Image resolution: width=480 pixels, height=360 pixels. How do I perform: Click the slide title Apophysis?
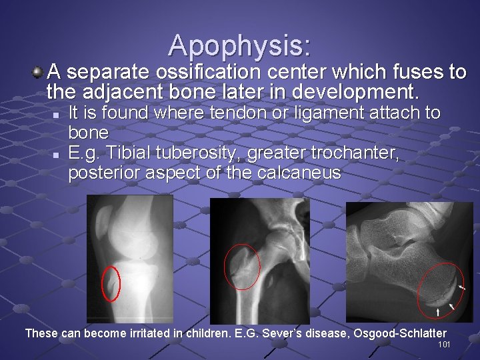pyautogui.click(x=239, y=45)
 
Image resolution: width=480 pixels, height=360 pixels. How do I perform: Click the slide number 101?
pyautogui.click(x=444, y=344)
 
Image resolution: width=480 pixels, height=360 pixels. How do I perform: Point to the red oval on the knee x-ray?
pyautogui.click(x=111, y=283)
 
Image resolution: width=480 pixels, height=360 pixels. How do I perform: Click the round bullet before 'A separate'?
pyautogui.click(x=39, y=69)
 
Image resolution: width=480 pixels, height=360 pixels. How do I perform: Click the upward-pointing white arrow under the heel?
pyautogui.click(x=437, y=311)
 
